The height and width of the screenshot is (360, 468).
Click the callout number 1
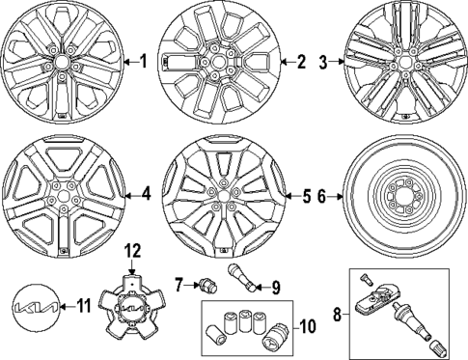144,63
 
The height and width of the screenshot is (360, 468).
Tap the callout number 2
300,63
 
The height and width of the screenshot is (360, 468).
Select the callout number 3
324,63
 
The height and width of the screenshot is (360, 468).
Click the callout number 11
83,306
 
